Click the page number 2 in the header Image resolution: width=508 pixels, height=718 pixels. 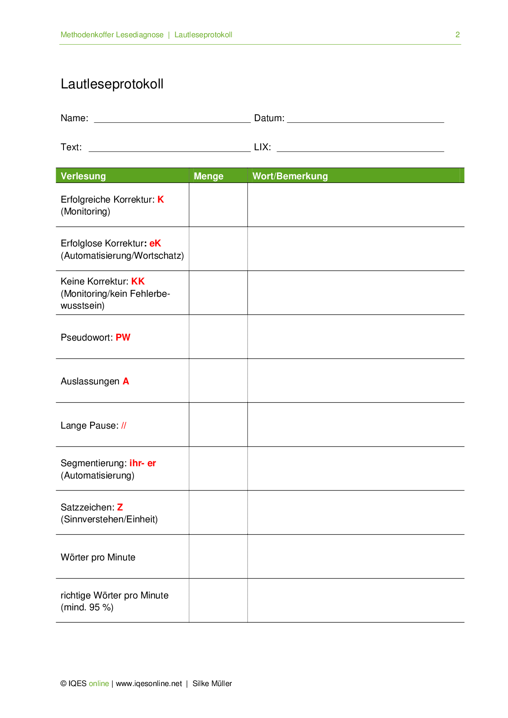click(x=457, y=35)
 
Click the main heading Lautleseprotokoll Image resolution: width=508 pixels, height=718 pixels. click(x=112, y=84)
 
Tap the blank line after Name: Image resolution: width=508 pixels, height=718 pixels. click(x=172, y=119)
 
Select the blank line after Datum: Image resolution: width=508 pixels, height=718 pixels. click(x=365, y=119)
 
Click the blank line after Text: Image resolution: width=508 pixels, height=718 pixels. click(x=169, y=148)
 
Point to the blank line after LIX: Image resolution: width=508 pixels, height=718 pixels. click(x=360, y=148)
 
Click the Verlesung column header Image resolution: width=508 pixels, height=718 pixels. click(x=83, y=176)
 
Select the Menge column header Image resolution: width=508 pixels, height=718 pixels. click(x=209, y=176)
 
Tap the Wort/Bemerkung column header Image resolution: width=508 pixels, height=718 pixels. click(x=290, y=176)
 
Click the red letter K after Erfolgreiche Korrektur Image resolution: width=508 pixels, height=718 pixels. click(x=161, y=199)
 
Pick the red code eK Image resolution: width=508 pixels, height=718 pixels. click(x=155, y=243)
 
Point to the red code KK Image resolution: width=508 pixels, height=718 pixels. click(x=138, y=281)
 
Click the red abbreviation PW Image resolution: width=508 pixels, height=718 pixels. click(x=123, y=337)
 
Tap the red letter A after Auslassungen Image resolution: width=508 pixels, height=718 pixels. click(x=126, y=381)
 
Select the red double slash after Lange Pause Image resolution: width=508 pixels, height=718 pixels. click(x=124, y=425)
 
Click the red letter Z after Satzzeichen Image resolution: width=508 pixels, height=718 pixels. click(x=120, y=507)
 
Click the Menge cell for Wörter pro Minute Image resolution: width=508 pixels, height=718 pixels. click(x=218, y=557)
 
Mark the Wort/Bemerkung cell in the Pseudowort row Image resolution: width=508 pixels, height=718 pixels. click(x=356, y=337)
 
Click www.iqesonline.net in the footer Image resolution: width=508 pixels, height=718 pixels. click(x=149, y=683)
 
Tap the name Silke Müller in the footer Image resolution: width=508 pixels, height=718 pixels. click(x=212, y=683)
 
